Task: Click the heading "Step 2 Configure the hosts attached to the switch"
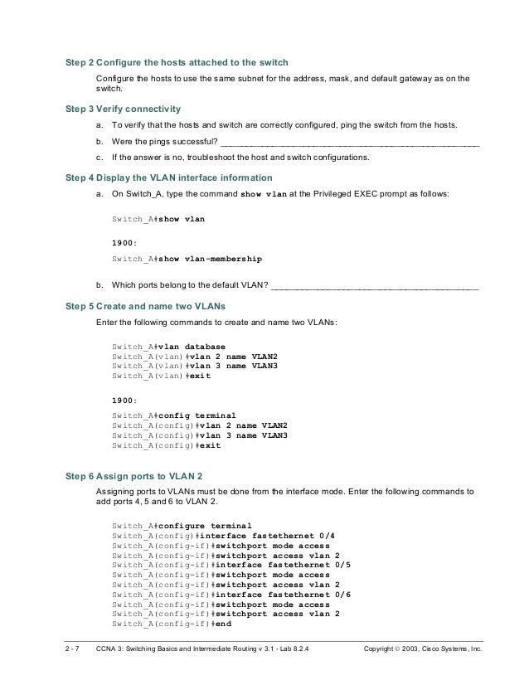(x=177, y=62)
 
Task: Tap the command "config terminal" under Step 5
(x=197, y=415)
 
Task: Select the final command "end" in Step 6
(x=222, y=623)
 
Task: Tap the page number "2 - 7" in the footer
(x=75, y=658)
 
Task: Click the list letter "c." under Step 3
(x=100, y=156)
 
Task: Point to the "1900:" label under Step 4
(x=124, y=243)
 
